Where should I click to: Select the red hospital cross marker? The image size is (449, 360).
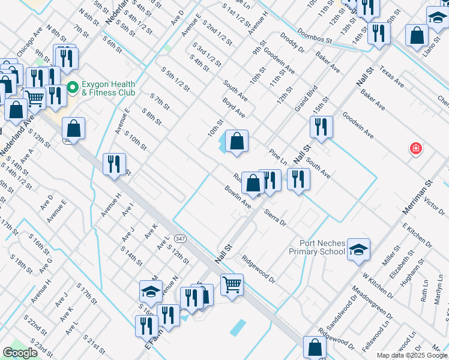415,148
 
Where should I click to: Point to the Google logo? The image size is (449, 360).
20,353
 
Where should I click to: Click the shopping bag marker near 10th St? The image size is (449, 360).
237,142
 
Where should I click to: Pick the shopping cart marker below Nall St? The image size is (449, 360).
232,284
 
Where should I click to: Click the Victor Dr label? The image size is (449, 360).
433,203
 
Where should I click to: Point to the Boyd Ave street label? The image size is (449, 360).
234,109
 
